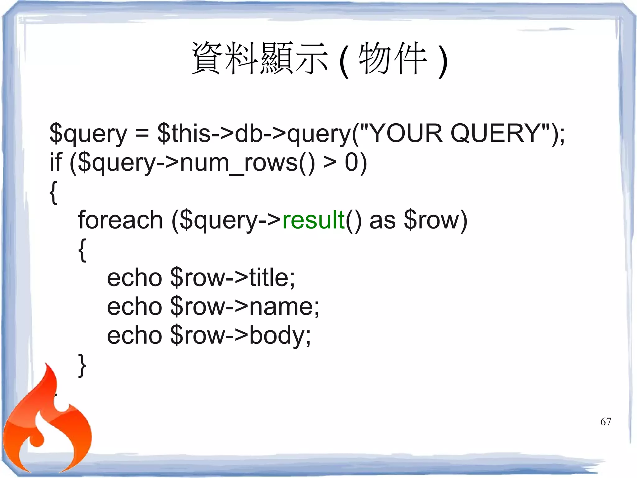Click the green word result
(x=314, y=220)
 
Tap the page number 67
(x=606, y=422)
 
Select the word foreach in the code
(x=120, y=220)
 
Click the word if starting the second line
(x=56, y=162)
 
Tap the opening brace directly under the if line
(x=53, y=192)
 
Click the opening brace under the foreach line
(x=82, y=250)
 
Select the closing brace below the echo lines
(x=82, y=365)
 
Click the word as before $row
(x=382, y=220)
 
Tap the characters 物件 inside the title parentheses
(x=393, y=58)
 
